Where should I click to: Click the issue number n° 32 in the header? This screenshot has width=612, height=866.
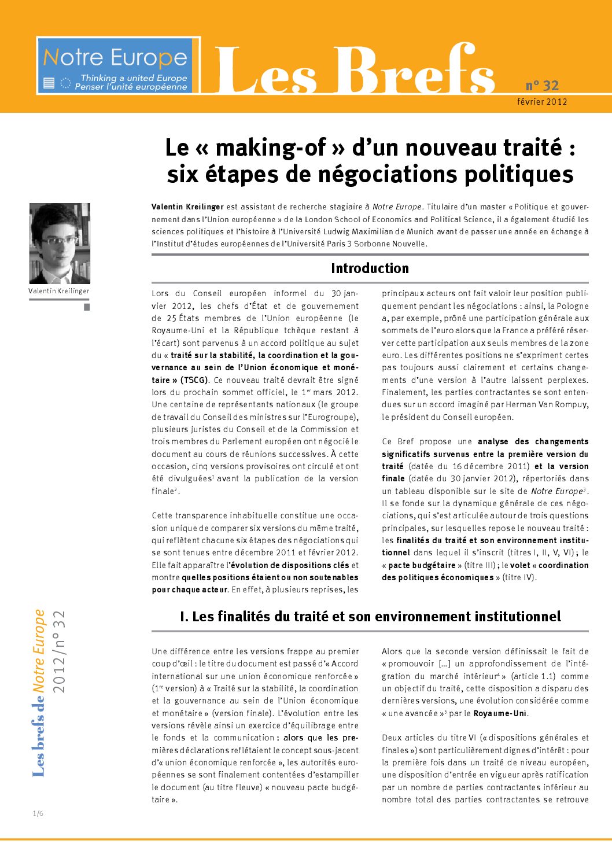point(542,86)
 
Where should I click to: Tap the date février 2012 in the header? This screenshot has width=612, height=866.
point(542,102)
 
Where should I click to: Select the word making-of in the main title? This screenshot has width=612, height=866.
point(271,148)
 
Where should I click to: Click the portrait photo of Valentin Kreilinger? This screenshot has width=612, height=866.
point(60,243)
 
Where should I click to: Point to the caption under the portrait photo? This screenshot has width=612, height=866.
point(59,291)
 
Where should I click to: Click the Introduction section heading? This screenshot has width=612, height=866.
point(370,268)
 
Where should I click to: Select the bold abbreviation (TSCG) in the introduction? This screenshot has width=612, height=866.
point(194,380)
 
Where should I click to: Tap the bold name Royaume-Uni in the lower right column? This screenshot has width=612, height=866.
point(500,713)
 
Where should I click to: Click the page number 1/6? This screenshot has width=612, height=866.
point(38,813)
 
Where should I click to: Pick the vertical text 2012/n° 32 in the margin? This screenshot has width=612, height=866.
point(59,651)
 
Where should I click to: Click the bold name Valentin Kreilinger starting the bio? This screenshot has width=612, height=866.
point(187,207)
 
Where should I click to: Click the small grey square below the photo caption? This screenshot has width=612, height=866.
point(87,307)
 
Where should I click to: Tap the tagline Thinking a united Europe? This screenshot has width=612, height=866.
point(134,78)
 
